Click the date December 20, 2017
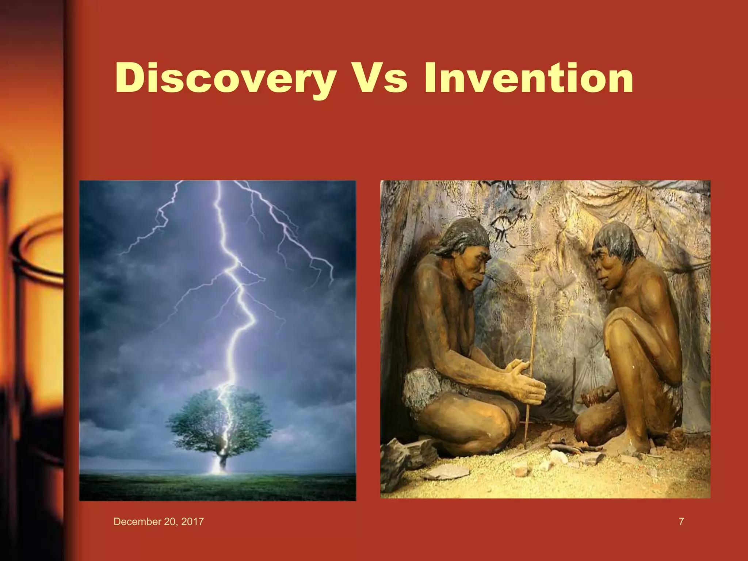coord(159,522)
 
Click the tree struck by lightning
coord(219,420)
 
